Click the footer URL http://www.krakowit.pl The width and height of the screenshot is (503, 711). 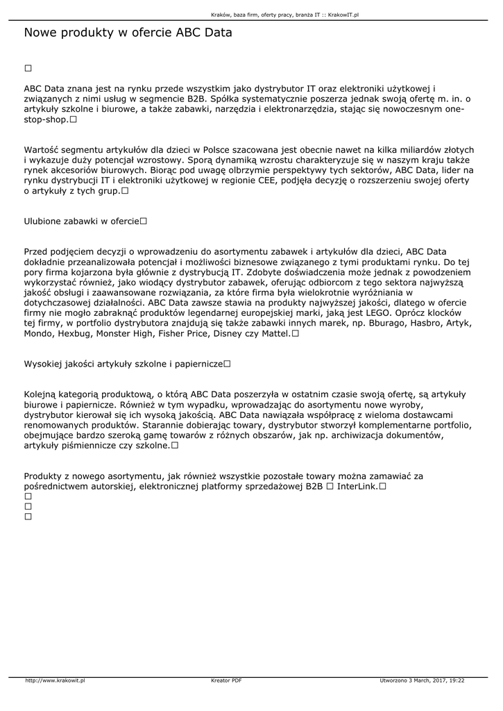[x=55, y=680]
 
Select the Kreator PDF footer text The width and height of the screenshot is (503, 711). [x=226, y=680]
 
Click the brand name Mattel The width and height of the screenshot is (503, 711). [x=275, y=333]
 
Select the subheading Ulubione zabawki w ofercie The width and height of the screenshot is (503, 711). [x=82, y=221]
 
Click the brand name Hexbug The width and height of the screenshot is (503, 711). [x=81, y=333]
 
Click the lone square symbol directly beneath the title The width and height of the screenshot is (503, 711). [x=28, y=68]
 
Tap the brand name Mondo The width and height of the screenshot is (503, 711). [x=39, y=333]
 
